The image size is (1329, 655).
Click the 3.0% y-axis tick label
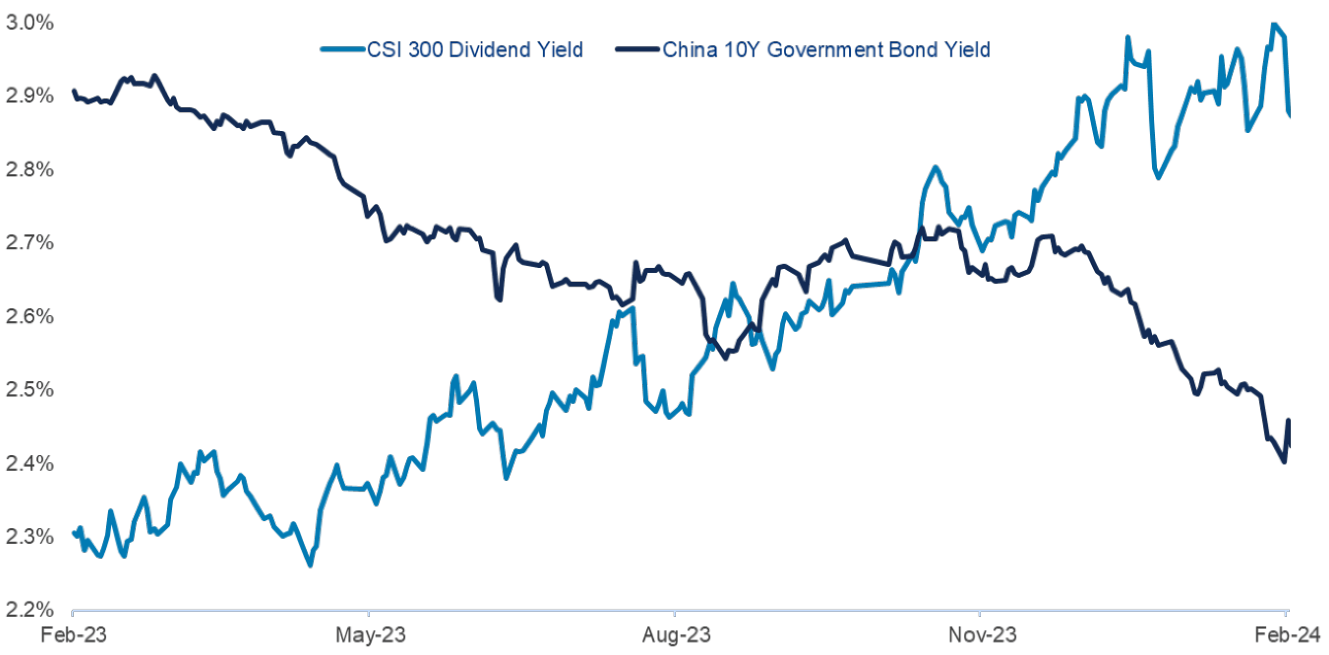click(29, 23)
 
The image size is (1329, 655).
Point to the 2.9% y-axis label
click(29, 96)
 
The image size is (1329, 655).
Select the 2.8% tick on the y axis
click(29, 170)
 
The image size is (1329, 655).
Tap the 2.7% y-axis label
click(29, 243)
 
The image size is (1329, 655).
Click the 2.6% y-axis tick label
click(29, 317)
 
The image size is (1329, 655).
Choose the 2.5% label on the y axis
click(29, 390)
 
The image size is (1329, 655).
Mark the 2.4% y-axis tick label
click(29, 463)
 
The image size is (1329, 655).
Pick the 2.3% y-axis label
click(29, 537)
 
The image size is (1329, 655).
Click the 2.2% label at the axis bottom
click(29, 610)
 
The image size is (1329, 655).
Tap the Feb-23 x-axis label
click(73, 635)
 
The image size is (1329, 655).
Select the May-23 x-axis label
click(370, 635)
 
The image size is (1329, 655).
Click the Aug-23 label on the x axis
click(676, 635)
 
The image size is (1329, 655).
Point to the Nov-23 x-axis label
click(982, 635)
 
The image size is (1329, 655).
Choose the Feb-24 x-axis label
click(1287, 635)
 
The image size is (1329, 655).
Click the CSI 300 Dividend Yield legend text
click(474, 50)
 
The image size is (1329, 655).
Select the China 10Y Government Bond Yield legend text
click(826, 50)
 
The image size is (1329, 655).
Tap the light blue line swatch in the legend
click(343, 49)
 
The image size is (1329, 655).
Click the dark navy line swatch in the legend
click(638, 49)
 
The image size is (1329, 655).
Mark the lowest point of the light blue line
click(311, 565)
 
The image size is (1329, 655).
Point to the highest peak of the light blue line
click(1274, 24)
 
